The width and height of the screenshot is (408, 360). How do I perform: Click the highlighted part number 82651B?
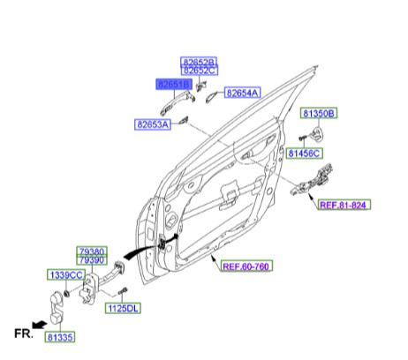click(174, 84)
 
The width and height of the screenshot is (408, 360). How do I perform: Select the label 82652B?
click(200, 62)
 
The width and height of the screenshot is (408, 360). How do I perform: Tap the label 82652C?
click(200, 71)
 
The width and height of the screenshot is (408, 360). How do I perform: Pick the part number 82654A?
click(242, 93)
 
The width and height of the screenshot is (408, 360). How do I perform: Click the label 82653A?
click(154, 124)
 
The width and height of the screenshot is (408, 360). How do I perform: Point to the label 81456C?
click(305, 154)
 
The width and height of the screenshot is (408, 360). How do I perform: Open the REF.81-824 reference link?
click(344, 205)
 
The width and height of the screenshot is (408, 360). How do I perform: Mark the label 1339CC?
click(65, 276)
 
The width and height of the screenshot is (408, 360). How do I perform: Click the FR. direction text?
click(21, 334)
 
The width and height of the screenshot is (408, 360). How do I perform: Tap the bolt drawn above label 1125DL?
click(125, 291)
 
